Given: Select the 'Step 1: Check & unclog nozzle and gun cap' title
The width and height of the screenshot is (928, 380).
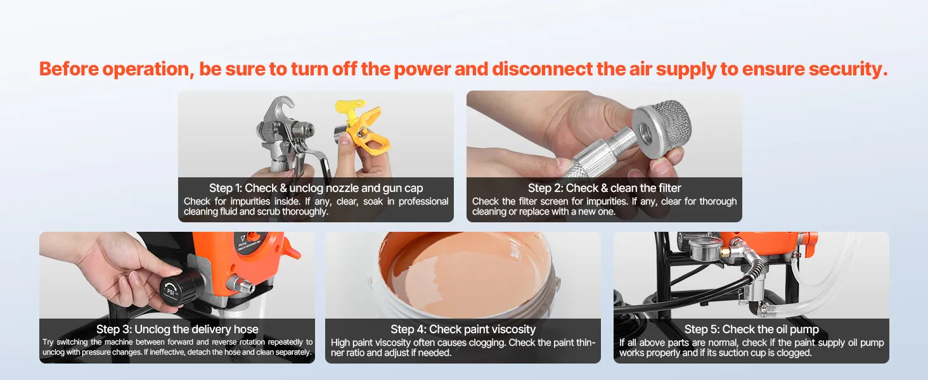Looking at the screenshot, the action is pos(316,188).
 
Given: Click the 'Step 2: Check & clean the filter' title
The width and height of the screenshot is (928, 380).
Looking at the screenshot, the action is pos(605,188).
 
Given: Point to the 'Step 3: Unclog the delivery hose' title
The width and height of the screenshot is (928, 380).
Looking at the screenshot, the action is pos(177,329).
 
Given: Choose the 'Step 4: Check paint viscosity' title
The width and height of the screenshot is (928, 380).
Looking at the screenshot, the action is pos(463,329).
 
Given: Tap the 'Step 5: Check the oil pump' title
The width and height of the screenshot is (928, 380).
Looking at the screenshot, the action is pos(752,329).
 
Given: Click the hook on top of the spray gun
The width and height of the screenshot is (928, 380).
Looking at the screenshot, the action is pos(281,107).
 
